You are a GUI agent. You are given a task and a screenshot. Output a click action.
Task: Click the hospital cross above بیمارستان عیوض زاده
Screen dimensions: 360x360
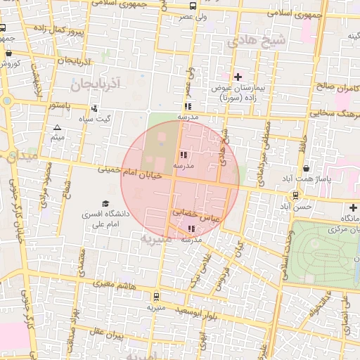pyautogui.click(x=238, y=77)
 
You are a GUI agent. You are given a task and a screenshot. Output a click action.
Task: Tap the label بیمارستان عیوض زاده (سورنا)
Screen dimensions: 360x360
pyautogui.click(x=238, y=93)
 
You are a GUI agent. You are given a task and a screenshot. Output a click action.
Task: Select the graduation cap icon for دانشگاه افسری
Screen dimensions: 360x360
pyautogui.click(x=105, y=203)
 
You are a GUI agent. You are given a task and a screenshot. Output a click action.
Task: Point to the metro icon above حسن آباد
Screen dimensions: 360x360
pyautogui.click(x=296, y=195)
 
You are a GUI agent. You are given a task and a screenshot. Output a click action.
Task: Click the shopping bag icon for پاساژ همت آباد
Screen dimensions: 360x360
pyautogui.click(x=306, y=169)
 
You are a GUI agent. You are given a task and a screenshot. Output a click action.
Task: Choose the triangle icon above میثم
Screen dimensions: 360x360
pyautogui.click(x=57, y=127)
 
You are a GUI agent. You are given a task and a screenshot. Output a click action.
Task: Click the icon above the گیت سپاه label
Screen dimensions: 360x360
pyautogui.click(x=94, y=108)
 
